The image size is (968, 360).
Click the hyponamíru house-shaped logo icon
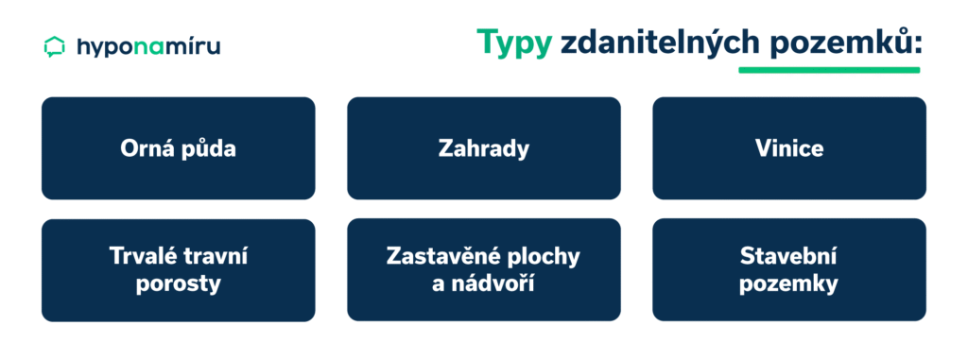(x=55, y=46)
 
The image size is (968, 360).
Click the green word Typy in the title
(x=513, y=43)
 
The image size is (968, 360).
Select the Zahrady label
(x=483, y=148)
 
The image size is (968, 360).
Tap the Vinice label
(x=789, y=148)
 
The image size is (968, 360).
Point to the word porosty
(x=178, y=283)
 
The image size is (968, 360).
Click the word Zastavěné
(x=441, y=255)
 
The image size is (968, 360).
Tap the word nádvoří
(x=497, y=283)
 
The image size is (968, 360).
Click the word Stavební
(x=789, y=255)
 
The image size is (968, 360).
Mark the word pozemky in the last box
(x=789, y=283)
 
